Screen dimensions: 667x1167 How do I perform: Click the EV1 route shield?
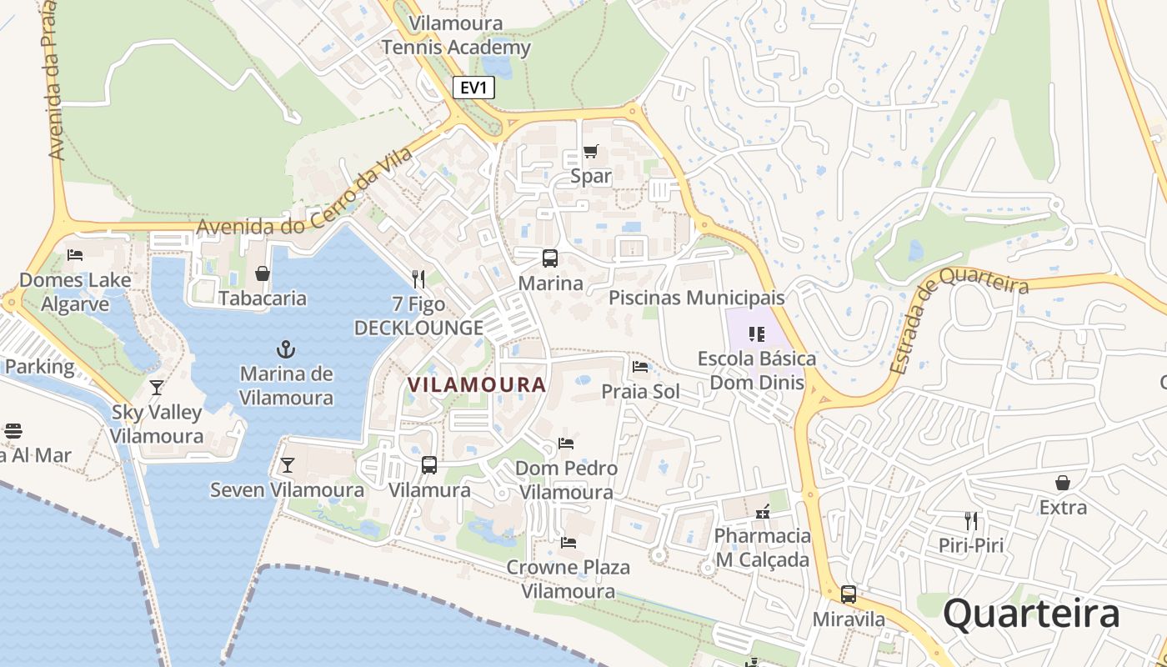point(473,88)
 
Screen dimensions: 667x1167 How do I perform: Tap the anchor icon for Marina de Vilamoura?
point(286,349)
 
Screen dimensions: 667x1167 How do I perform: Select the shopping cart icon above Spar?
point(590,152)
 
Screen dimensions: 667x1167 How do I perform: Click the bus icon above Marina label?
point(550,258)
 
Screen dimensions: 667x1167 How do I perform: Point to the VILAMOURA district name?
point(476,384)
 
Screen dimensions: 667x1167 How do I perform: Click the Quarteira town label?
point(1031,614)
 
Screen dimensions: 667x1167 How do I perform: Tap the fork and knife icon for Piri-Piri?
point(970,521)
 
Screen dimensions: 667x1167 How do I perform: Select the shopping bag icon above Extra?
point(1063,483)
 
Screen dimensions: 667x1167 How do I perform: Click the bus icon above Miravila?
point(848,594)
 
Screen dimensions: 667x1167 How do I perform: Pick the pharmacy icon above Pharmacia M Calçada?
point(762,511)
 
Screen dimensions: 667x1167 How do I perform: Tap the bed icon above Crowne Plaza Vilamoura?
point(568,543)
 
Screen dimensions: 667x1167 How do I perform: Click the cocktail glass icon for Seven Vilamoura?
point(288,465)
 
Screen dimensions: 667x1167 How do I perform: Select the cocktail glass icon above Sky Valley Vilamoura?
point(156,387)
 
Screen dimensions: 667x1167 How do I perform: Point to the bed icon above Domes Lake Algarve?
point(75,255)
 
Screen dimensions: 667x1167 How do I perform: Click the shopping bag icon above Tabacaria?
point(263,273)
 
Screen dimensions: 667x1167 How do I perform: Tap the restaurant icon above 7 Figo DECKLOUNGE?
point(418,279)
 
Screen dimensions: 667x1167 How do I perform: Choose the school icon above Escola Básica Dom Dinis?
point(757,334)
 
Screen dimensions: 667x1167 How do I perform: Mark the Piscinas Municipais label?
point(696,298)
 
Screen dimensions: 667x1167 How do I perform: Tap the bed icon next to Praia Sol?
point(640,367)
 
